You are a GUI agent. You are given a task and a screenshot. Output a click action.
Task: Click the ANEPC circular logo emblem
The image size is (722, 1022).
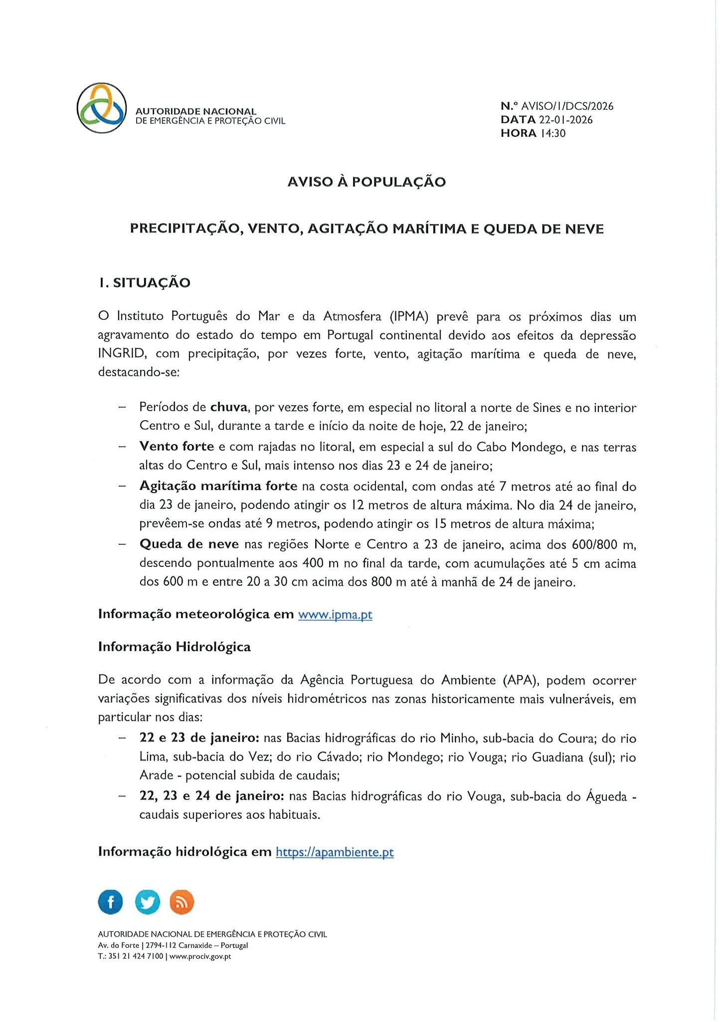point(102,108)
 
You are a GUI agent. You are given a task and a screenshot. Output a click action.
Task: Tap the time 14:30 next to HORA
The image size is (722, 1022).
point(553,133)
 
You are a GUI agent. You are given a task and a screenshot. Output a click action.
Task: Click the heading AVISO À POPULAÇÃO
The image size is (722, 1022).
point(366,182)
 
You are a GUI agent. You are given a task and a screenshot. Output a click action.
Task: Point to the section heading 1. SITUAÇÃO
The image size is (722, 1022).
point(145,283)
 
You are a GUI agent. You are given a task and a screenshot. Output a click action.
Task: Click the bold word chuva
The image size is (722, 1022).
point(229,407)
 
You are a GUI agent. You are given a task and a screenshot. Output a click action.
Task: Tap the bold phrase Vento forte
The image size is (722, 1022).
point(177,447)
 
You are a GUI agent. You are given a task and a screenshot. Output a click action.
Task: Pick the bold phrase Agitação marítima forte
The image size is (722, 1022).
point(218,486)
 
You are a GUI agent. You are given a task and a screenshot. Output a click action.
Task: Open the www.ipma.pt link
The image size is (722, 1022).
point(335,614)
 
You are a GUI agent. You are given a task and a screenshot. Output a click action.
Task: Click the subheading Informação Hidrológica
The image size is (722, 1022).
point(175,647)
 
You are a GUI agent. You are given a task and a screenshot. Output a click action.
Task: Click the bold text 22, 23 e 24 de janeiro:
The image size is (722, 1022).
point(212,796)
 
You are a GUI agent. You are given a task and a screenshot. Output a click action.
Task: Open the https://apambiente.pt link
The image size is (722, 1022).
point(335,852)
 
